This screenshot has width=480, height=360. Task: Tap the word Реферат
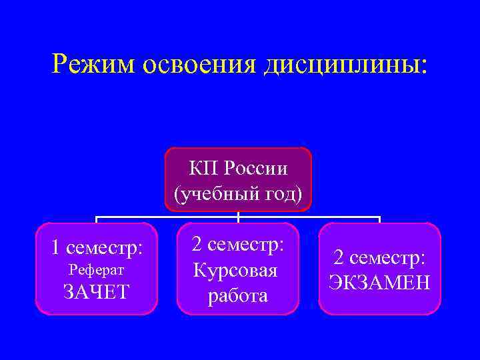(x=97, y=270)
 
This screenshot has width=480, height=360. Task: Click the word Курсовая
(x=235, y=271)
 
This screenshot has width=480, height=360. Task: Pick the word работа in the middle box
(x=237, y=296)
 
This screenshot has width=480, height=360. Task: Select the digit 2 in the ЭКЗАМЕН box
(x=339, y=257)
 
